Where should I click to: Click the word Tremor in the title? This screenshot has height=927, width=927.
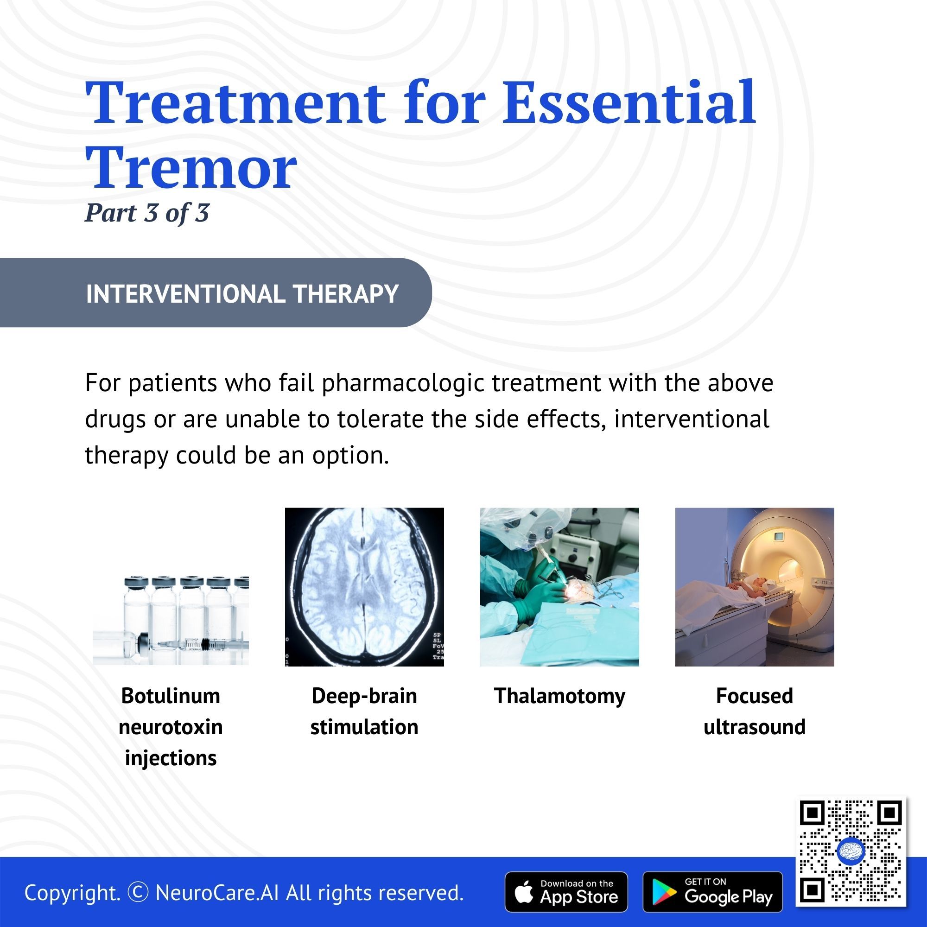[191, 168]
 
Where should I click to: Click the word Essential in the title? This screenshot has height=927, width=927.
[629, 102]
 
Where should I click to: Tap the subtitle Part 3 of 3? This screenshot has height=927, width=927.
[147, 213]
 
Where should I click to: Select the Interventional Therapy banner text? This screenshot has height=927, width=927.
[242, 294]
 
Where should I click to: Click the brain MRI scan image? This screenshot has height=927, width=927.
[364, 587]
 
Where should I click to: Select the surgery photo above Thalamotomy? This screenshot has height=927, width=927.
[559, 587]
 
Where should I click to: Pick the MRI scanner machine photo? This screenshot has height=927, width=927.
[755, 587]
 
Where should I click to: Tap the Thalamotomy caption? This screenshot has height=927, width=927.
[559, 696]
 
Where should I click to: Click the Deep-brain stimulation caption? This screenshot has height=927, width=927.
[364, 711]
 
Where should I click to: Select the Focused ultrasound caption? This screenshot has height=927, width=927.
[754, 711]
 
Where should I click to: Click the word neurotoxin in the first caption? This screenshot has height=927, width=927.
[171, 727]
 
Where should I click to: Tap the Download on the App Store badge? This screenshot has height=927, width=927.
[566, 892]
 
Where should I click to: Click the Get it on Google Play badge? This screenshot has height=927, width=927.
[712, 892]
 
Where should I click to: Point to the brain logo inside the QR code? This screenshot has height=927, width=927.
[851, 851]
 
